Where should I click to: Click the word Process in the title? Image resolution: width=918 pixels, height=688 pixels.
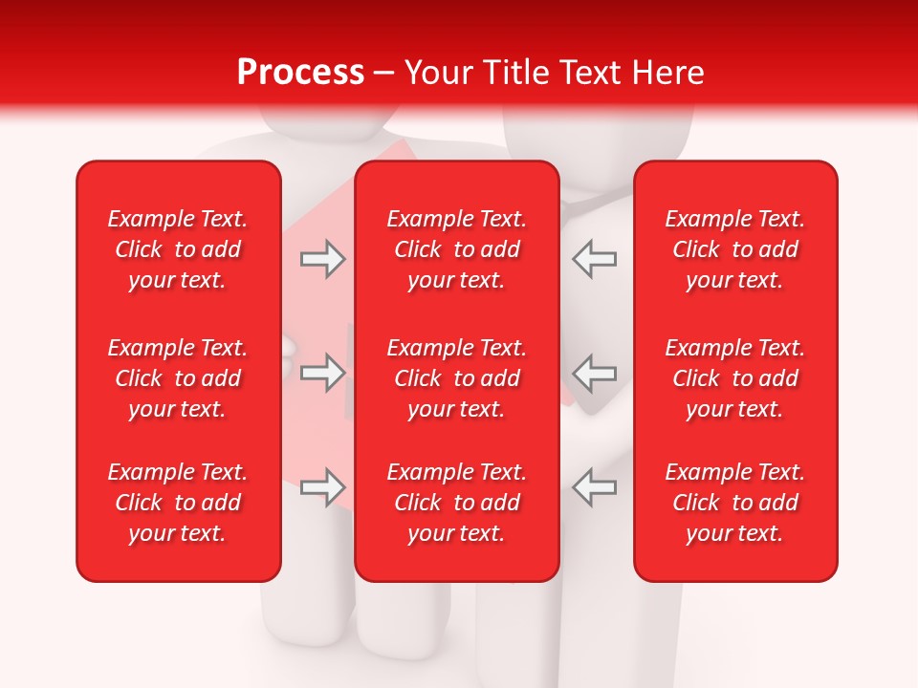click(300, 73)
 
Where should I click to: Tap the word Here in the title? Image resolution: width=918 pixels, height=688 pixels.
click(665, 73)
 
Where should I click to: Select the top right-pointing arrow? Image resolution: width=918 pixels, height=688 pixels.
click(323, 259)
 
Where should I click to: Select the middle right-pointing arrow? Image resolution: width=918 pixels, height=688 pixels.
click(323, 373)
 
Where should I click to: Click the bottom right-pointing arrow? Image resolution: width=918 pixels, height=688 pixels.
click(323, 487)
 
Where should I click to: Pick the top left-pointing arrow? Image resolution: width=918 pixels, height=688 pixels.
click(594, 259)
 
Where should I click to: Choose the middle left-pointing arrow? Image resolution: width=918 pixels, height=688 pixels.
click(594, 373)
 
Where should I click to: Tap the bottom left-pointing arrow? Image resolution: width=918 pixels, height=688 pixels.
click(594, 487)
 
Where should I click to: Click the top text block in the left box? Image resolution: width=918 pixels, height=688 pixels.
click(178, 249)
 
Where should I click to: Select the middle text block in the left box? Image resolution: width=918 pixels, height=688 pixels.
click(178, 378)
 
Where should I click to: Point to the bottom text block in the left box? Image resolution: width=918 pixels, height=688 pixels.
click(178, 503)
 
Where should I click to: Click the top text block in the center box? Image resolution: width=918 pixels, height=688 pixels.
click(456, 249)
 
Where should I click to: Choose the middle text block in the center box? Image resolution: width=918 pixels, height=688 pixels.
click(456, 378)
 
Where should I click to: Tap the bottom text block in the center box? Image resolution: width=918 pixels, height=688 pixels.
click(456, 503)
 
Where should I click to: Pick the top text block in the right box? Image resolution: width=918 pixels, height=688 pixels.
click(735, 249)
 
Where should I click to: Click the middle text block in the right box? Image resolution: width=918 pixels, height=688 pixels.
click(735, 378)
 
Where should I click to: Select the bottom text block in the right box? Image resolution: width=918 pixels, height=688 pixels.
click(735, 503)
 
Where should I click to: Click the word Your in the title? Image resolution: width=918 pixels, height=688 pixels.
click(437, 73)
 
